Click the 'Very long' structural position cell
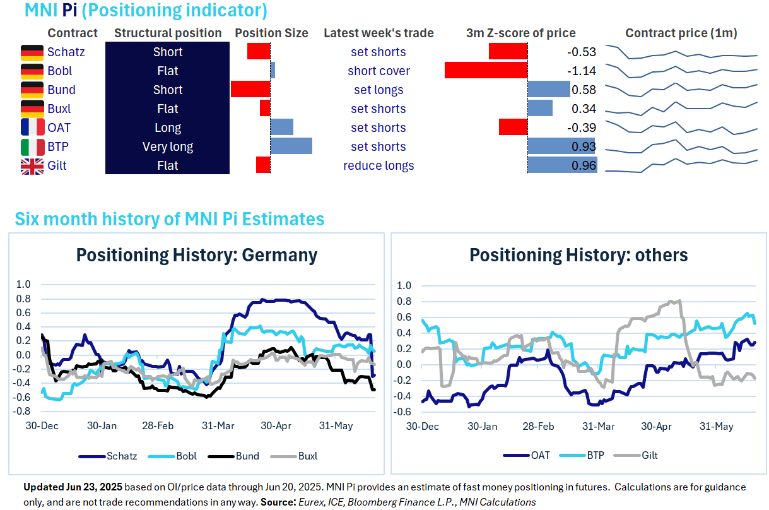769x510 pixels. tap(168, 147)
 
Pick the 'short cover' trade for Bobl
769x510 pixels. tap(379, 71)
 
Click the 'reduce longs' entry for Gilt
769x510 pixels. tap(379, 166)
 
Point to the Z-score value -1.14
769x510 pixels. tap(583, 71)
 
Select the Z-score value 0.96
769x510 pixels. tap(583, 166)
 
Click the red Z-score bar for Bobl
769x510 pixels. tap(486, 70)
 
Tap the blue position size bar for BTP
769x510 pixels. tap(291, 146)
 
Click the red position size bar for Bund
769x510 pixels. tap(250, 89)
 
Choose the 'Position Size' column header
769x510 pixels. tap(271, 33)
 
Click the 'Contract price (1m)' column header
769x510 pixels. tap(681, 33)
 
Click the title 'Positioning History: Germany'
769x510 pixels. tap(196, 255)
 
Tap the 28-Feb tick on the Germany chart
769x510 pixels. tap(157, 425)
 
